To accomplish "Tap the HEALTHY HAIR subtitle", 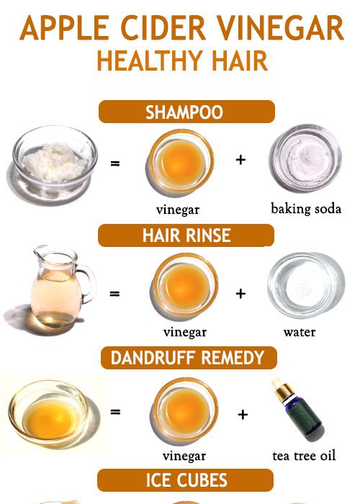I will [x=182, y=60].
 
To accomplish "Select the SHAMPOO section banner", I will [x=186, y=112].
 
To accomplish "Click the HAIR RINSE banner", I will [x=186, y=235].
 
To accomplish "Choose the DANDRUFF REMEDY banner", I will [x=186, y=357].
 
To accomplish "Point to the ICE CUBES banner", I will [x=186, y=480].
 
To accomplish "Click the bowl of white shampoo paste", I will [x=55, y=160].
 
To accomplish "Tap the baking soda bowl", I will [x=305, y=158].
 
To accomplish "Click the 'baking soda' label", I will [x=306, y=209].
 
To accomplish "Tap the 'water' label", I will [x=300, y=332].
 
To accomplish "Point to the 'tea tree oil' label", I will [x=304, y=455].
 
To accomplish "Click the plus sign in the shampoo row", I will [x=240, y=160].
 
